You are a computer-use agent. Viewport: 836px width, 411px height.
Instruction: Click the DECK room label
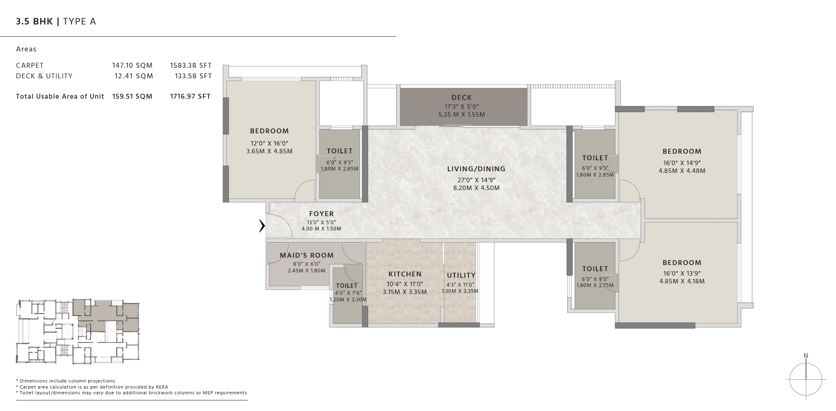462,97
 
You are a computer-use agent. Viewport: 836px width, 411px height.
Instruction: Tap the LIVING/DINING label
476,169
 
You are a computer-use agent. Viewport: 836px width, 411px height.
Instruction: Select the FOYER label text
322,214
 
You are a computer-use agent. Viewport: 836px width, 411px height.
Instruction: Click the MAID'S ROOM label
307,255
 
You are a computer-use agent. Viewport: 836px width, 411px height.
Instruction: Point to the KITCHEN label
405,274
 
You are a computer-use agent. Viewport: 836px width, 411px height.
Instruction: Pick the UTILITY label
461,275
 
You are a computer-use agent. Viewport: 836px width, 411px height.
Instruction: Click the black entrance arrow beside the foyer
262,225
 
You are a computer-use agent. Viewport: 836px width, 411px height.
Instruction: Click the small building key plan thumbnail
78,331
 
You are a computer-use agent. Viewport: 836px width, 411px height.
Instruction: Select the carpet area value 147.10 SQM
132,65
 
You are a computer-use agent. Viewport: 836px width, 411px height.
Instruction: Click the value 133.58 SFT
191,76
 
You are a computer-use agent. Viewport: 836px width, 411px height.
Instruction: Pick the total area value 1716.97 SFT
190,96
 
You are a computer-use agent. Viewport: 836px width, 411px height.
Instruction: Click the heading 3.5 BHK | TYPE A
56,22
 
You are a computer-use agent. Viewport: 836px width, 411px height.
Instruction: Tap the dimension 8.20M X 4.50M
476,188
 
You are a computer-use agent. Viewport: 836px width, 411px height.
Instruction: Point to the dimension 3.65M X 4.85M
269,151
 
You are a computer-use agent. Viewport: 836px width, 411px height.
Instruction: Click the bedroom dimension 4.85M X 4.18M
682,281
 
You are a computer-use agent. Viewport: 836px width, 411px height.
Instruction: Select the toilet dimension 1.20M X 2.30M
348,300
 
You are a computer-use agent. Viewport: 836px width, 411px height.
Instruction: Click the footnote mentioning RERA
92,387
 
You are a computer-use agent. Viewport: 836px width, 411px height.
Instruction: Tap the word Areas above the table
26,49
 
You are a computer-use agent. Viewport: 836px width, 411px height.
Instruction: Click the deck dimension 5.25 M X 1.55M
462,115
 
